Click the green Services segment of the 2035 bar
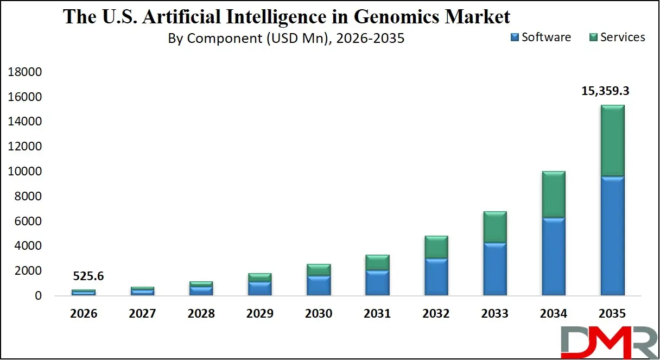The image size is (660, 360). (612, 140)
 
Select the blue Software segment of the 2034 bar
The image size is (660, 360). (554, 256)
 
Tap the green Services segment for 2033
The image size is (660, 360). (495, 226)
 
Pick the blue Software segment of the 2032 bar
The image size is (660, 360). (436, 276)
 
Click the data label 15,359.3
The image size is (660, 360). (605, 91)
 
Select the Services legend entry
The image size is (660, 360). (617, 37)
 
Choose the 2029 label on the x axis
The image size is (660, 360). (259, 313)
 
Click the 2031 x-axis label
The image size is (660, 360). (377, 313)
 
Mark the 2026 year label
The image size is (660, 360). (83, 313)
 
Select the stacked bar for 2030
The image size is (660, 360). (319, 280)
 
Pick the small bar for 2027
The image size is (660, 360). (142, 291)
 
